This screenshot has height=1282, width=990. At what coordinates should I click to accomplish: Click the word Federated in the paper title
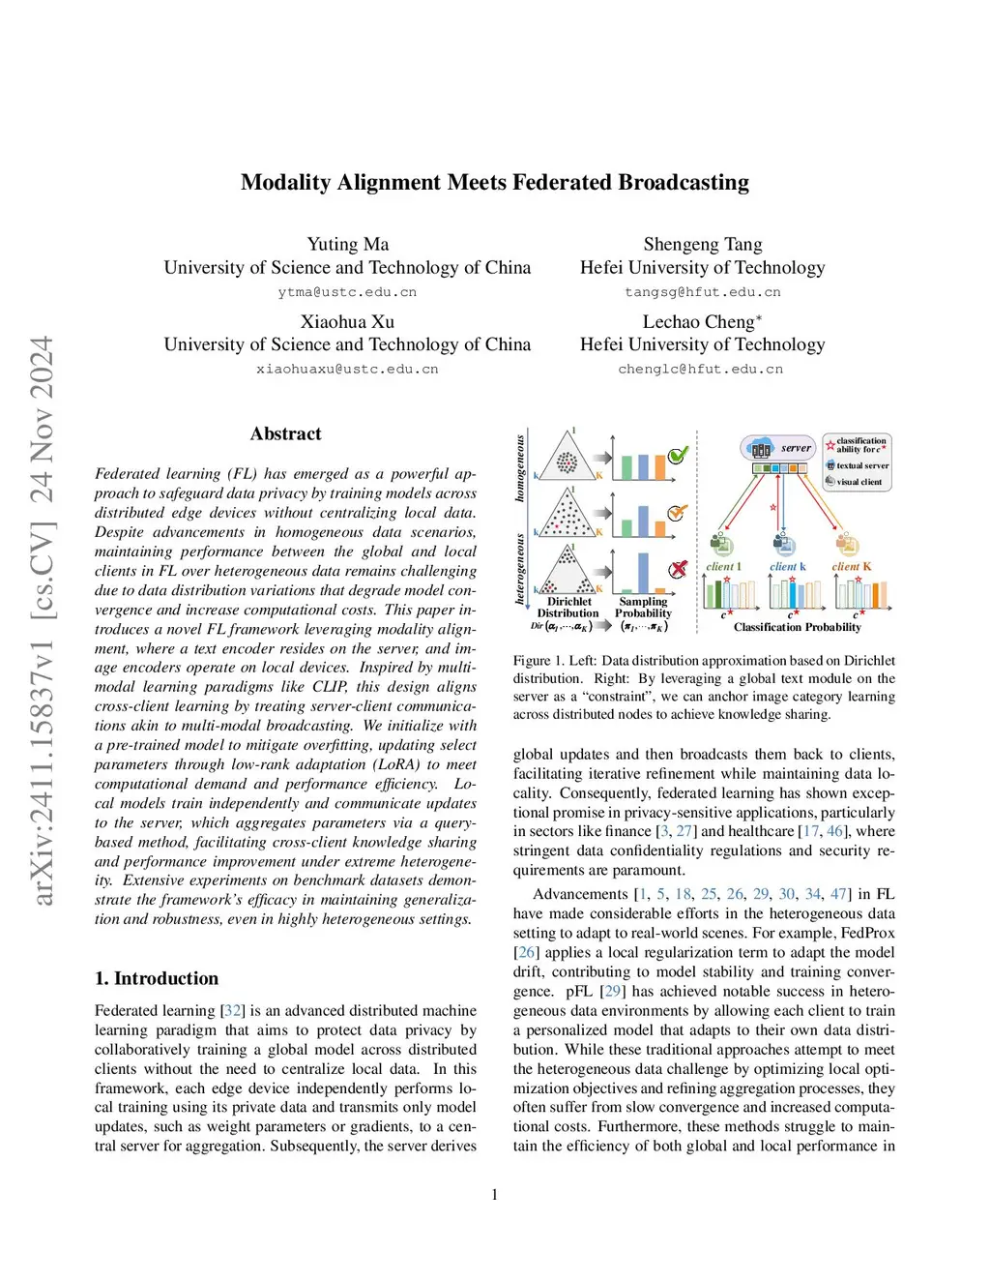pyautogui.click(x=562, y=183)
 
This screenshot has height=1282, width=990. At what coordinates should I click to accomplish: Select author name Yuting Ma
pyautogui.click(x=347, y=245)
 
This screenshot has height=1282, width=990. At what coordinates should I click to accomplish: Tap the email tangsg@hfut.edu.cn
pyautogui.click(x=702, y=292)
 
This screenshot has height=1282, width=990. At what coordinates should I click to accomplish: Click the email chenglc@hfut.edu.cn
pyautogui.click(x=700, y=369)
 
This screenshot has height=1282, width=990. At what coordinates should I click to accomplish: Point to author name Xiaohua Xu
pyautogui.click(x=347, y=322)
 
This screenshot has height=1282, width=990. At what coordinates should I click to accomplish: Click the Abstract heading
pyautogui.click(x=285, y=434)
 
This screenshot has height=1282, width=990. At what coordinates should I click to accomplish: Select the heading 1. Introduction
pyautogui.click(x=157, y=978)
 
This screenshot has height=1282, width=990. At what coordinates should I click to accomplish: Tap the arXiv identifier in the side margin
pyautogui.click(x=42, y=620)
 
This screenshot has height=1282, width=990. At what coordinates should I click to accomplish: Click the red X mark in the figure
pyautogui.click(x=678, y=569)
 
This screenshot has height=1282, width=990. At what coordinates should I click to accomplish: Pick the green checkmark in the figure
pyautogui.click(x=678, y=455)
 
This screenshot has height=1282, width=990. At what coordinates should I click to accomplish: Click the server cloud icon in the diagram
pyautogui.click(x=761, y=448)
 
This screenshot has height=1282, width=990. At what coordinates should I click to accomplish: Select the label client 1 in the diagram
pyautogui.click(x=723, y=567)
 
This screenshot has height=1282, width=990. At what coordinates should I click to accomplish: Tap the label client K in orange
pyautogui.click(x=851, y=567)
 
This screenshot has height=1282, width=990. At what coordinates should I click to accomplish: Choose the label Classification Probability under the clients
pyautogui.click(x=797, y=628)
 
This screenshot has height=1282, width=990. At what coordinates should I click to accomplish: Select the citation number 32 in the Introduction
pyautogui.click(x=233, y=1010)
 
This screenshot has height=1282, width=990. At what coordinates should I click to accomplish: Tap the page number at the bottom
pyautogui.click(x=495, y=1195)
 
